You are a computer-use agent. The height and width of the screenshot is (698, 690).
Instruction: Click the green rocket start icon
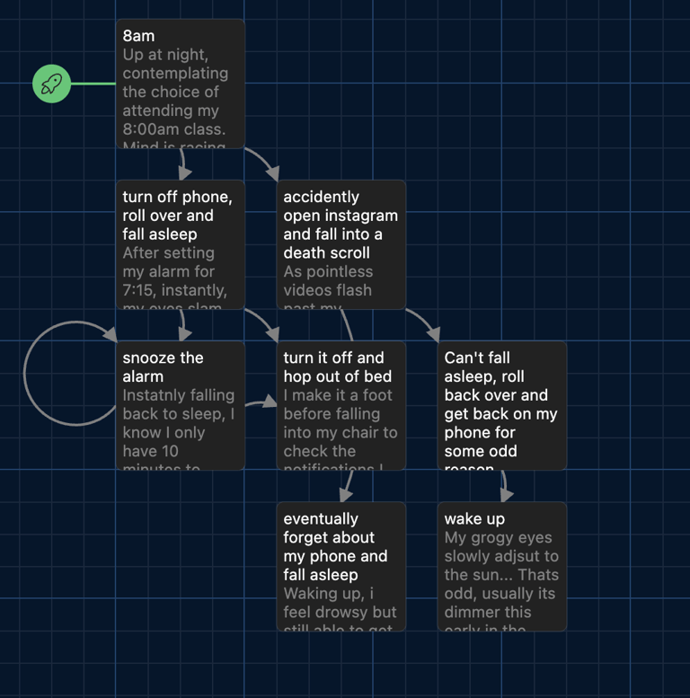[x=51, y=84]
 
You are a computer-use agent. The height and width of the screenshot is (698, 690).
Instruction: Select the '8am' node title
[x=138, y=36]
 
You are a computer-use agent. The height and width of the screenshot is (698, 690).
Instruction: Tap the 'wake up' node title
[x=474, y=518]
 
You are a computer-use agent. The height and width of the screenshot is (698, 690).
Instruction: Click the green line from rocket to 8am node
[x=93, y=84]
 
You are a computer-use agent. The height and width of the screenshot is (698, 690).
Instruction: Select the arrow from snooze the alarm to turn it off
[x=261, y=403]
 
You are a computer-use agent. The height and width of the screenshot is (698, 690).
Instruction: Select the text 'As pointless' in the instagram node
[x=328, y=271]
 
